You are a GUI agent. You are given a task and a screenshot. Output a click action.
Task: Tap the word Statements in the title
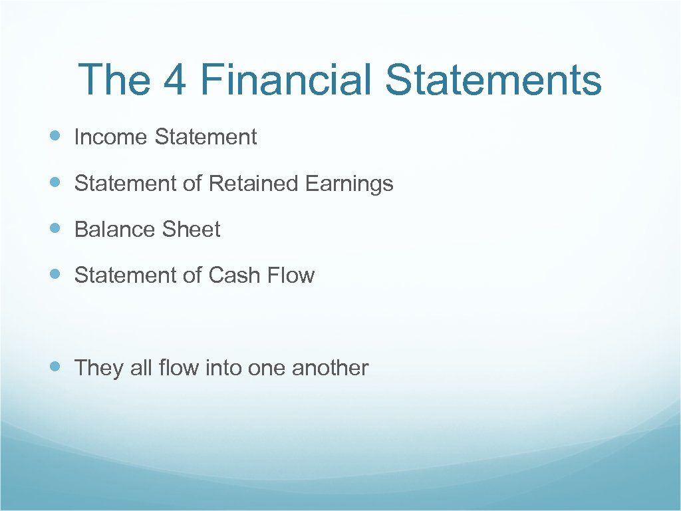click(x=493, y=79)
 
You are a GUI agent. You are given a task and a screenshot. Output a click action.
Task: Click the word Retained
click(x=254, y=183)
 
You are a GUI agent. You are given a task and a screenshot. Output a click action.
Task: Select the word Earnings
click(x=349, y=184)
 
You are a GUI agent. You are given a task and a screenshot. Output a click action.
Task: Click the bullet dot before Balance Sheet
click(x=55, y=228)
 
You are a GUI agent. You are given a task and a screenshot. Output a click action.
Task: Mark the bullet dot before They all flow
click(x=55, y=367)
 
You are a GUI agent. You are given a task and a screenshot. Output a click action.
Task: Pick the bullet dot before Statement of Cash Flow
click(x=55, y=274)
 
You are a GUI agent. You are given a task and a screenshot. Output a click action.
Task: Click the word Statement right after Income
click(x=205, y=137)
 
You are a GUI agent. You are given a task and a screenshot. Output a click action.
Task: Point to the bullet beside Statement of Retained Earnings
click(x=55, y=182)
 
